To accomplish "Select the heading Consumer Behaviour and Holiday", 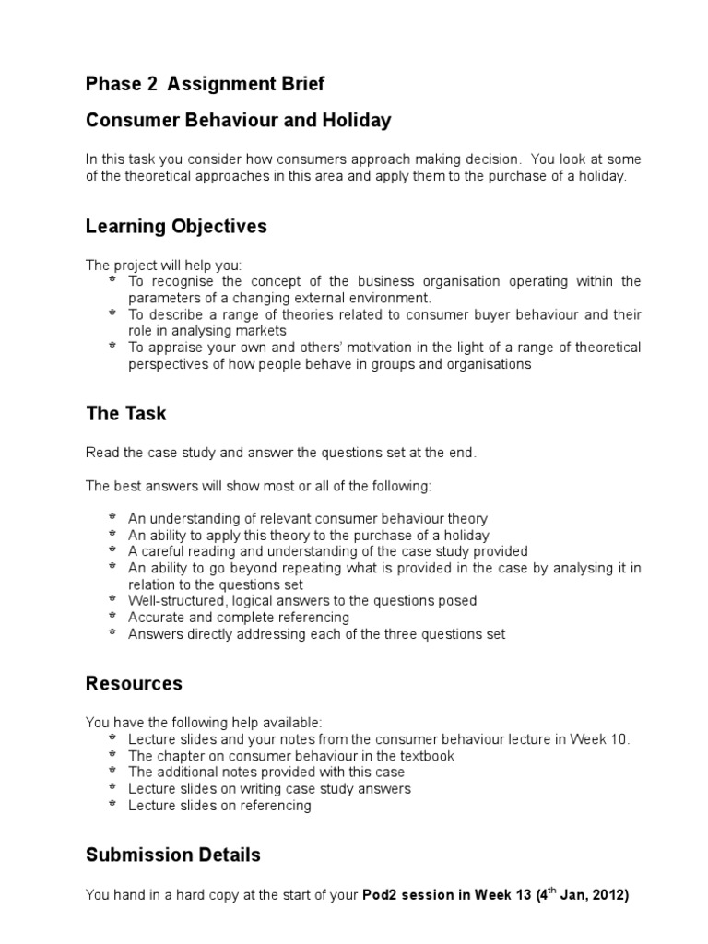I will coord(238,120).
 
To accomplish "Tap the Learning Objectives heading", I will coord(176,226).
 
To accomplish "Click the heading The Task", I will coord(125,413).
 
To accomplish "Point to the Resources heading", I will coord(134,683).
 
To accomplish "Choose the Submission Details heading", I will coord(172,855).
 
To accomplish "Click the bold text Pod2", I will coord(383,894).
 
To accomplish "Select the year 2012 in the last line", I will coord(607,894).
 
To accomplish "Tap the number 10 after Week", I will coord(620,739).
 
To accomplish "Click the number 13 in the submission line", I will coord(525,894).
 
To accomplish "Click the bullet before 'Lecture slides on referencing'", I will coord(112,805).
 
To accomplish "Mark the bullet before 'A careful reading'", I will coord(112,550).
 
